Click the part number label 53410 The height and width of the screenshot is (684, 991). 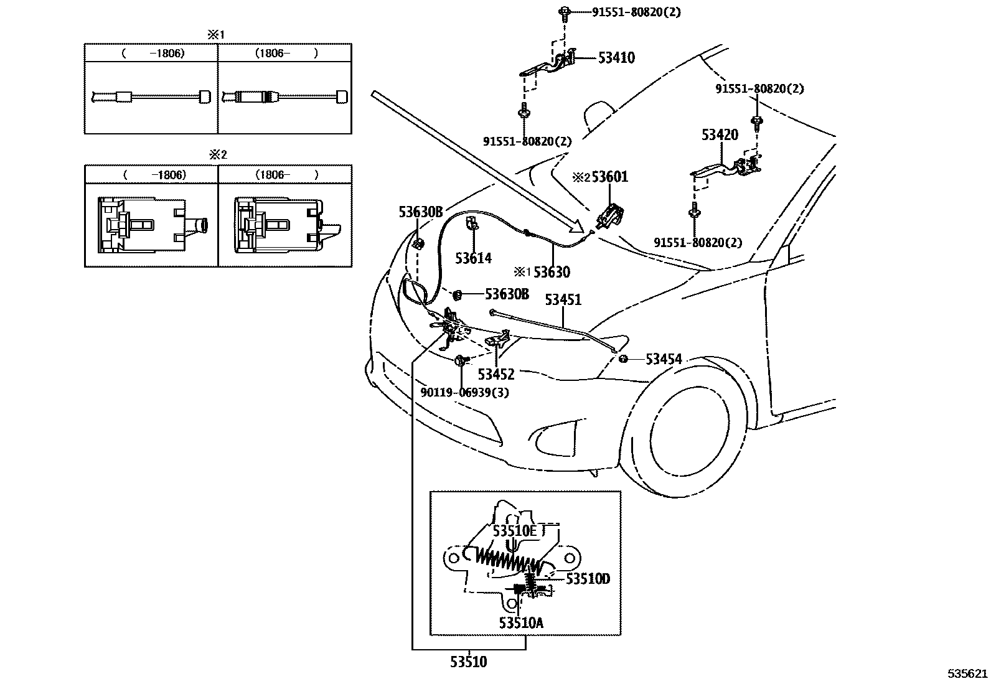coord(616,58)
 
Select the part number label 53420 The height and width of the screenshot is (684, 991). coord(720,135)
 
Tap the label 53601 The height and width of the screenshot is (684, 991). coord(609,177)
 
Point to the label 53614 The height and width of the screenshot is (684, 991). coord(473,258)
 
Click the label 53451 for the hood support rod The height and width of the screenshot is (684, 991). coord(563,300)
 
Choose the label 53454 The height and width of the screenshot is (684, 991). coord(664,359)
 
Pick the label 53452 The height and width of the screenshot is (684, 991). coord(496,374)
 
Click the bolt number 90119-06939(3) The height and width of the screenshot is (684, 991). coord(464,393)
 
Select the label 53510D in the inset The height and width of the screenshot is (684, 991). coord(588,579)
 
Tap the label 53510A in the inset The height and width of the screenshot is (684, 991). coord(521,622)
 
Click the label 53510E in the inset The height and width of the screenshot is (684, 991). coord(514,531)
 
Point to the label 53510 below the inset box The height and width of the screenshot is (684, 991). coord(469,662)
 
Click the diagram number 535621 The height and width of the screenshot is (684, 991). coord(967,673)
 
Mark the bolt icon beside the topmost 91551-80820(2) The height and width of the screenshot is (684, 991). coord(564,11)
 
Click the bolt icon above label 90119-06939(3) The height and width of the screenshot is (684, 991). coord(460,360)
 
